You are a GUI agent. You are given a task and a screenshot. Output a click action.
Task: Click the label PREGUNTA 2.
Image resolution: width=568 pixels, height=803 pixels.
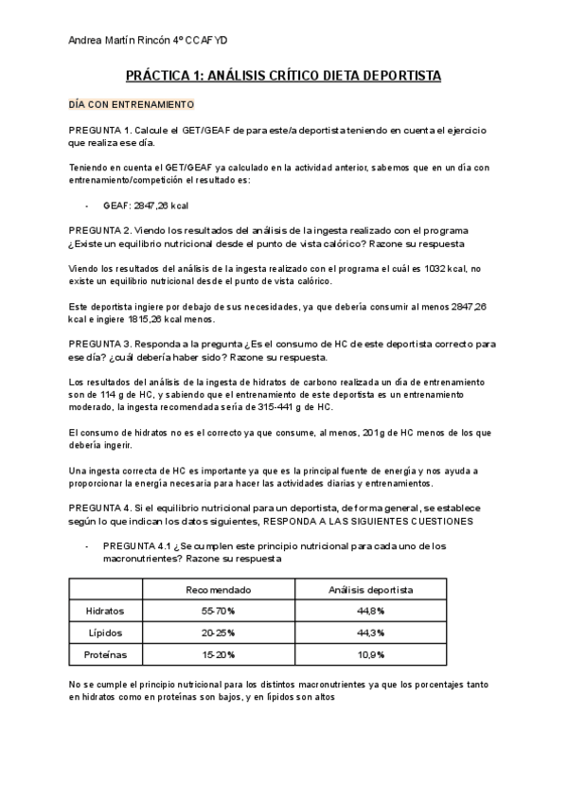99,230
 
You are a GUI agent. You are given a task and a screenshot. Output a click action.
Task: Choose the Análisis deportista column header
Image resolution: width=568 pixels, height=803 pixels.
370,589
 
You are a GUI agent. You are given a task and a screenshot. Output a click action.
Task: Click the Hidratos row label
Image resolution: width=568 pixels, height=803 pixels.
104,611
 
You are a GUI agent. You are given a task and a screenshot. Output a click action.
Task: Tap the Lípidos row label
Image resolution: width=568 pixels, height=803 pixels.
104,632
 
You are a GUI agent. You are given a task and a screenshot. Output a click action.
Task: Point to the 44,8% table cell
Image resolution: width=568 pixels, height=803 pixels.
370,611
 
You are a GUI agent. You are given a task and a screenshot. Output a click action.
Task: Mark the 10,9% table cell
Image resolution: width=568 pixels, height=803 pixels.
370,653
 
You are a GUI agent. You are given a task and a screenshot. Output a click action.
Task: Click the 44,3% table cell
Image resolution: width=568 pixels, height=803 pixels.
370,632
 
